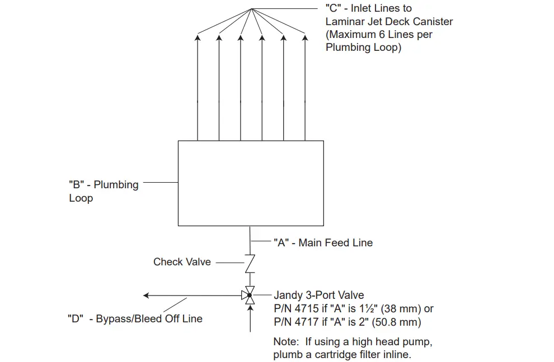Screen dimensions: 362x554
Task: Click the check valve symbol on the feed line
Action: tap(250, 262)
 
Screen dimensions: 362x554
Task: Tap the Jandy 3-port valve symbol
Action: tap(250, 295)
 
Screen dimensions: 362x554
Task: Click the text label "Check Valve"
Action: tap(182, 261)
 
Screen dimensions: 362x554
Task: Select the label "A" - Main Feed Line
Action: tap(323, 242)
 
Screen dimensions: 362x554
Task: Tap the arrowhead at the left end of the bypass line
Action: tap(147, 295)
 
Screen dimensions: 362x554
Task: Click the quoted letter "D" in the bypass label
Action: tap(77, 319)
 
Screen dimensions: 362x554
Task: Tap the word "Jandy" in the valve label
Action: tap(288, 295)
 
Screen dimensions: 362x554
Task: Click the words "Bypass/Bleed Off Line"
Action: tap(149, 319)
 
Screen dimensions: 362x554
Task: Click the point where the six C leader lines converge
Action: tap(252, 8)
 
